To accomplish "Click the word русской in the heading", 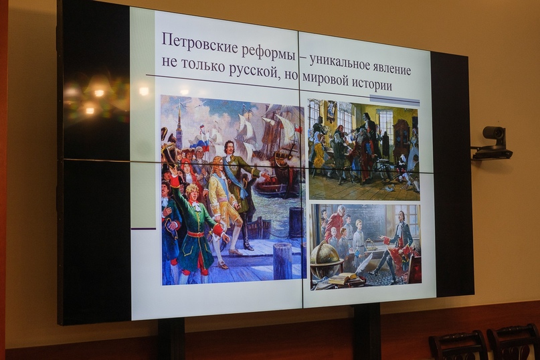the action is (252, 72).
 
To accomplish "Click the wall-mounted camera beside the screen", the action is (492, 143).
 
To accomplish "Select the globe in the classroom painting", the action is (325, 258).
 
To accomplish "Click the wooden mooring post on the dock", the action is (282, 261).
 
